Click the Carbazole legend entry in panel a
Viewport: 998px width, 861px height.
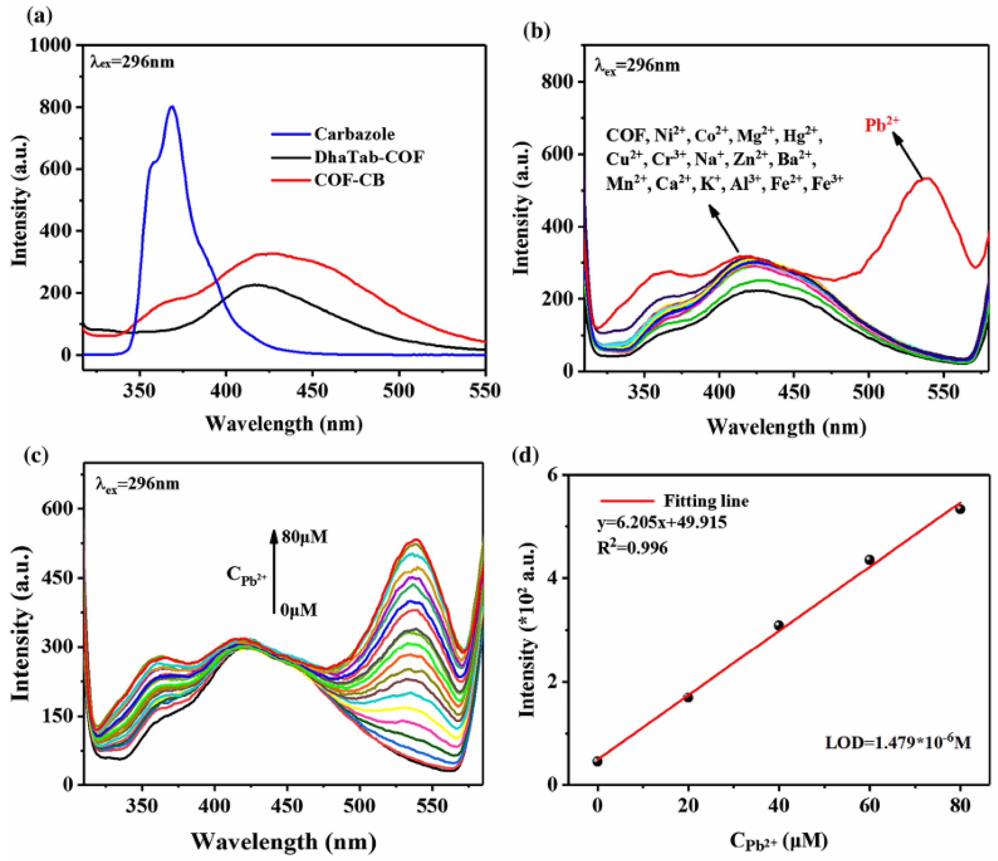pos(355,134)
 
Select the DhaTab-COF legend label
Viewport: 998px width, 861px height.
pos(369,157)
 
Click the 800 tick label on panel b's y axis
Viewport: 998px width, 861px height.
pos(559,82)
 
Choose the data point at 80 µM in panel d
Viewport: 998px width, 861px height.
pos(960,509)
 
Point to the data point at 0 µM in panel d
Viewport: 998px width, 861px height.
pos(597,761)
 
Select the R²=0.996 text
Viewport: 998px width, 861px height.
pos(632,548)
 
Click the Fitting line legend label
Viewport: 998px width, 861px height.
pos(706,501)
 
